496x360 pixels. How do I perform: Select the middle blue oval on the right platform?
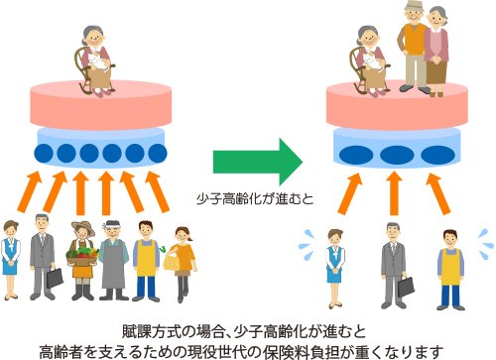click(395, 155)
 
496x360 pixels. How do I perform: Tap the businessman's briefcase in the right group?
click(404, 286)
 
